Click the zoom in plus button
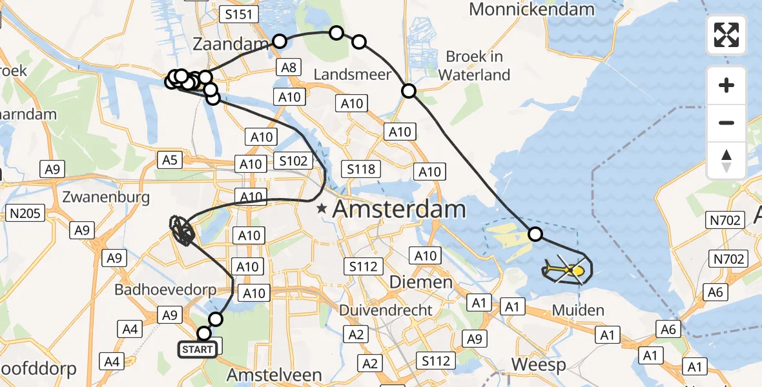[x=726, y=85]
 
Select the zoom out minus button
[x=726, y=123]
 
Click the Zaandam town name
[x=231, y=45]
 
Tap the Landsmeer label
[x=352, y=75]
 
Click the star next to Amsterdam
[x=322, y=210]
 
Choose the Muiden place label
[x=578, y=310]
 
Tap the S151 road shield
[x=239, y=15]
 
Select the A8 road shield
[x=289, y=67]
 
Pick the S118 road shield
[x=360, y=170]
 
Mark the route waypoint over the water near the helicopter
[x=535, y=234]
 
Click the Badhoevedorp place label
[x=165, y=290]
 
